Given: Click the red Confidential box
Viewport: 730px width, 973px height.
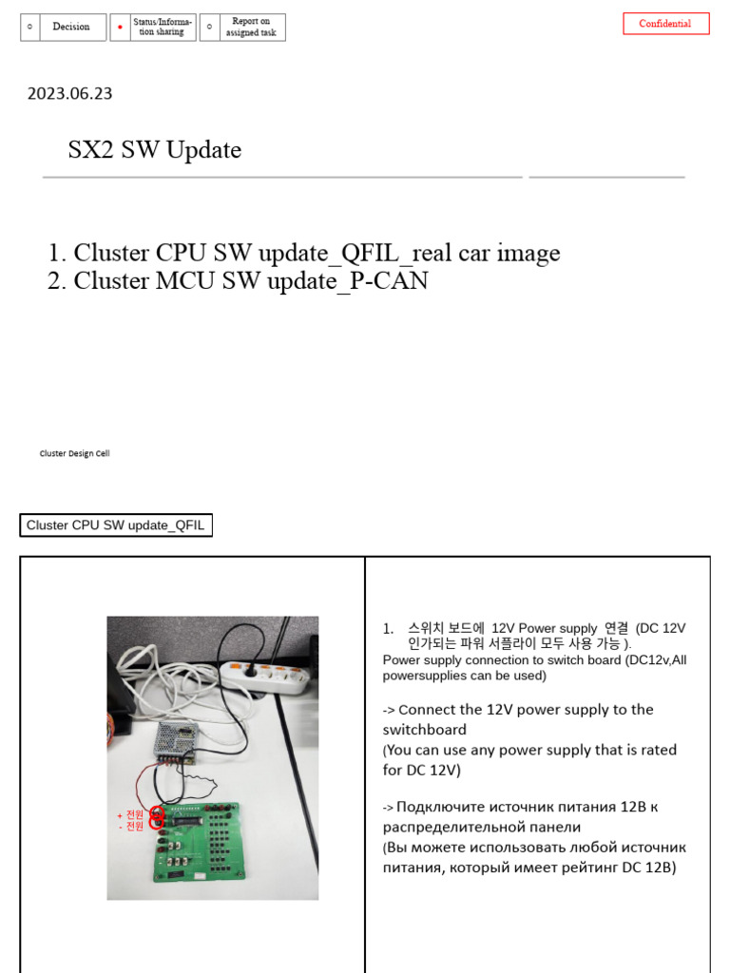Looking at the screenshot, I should [x=665, y=24].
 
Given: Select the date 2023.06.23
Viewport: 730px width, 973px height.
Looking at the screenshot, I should [x=69, y=93].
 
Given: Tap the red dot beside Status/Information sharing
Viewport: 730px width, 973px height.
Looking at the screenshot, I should [x=119, y=27].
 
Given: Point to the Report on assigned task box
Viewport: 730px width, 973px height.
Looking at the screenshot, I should [x=250, y=27].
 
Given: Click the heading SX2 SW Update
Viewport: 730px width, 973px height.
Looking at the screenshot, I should [x=154, y=150].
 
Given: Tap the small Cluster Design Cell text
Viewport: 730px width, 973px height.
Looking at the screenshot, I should [x=74, y=454].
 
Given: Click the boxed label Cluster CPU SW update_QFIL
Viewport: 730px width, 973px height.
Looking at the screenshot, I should [x=116, y=525].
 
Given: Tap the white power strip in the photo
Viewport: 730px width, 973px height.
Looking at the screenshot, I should [x=265, y=674].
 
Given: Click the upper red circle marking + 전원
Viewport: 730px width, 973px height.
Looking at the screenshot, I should [x=157, y=813].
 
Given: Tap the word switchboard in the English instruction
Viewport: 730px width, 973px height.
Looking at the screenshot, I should [x=424, y=730].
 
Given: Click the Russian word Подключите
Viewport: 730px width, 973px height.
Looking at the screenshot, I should [x=442, y=807].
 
